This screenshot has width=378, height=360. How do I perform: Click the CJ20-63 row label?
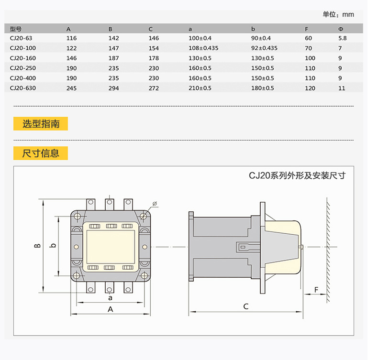pyautogui.click(x=20, y=38)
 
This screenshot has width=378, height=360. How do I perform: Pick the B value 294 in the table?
pyautogui.click(x=113, y=88)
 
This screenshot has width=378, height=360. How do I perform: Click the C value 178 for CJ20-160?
pyautogui.click(x=154, y=58)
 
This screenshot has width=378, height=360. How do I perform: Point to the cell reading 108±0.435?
pyautogui.click(x=203, y=48)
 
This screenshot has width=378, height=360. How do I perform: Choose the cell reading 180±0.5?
pyautogui.click(x=263, y=88)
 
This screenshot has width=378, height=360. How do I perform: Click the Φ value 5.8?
pyautogui.click(x=343, y=38)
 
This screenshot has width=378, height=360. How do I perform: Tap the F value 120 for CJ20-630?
pyautogui.click(x=310, y=88)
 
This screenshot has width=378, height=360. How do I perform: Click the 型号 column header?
pyautogui.click(x=16, y=28)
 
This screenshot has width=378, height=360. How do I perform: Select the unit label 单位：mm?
pyautogui.click(x=338, y=15)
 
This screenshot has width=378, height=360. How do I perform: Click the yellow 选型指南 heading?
pyautogui.click(x=41, y=124)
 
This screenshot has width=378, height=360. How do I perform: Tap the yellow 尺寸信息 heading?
pyautogui.click(x=41, y=153)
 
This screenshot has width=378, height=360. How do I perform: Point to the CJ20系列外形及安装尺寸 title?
pyautogui.click(x=297, y=175)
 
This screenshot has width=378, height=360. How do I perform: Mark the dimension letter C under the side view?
pyautogui.click(x=246, y=306)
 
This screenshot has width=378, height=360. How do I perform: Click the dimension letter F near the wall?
pyautogui.click(x=317, y=290)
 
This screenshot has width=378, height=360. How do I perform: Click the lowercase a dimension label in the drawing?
pyautogui.click(x=111, y=297)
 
